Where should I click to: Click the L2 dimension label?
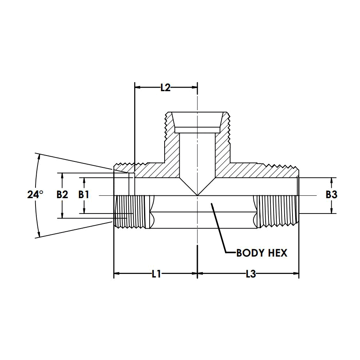pyautogui.click(x=165, y=88)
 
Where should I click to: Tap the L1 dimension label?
pyautogui.click(x=156, y=274)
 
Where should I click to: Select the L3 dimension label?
pyautogui.click(x=251, y=274)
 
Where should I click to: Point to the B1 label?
pyautogui.click(x=84, y=195)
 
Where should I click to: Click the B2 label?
pyautogui.click(x=62, y=195)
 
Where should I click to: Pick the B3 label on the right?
pyautogui.click(x=331, y=195)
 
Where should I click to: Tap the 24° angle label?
pyautogui.click(x=35, y=195)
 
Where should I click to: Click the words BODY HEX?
pyautogui.click(x=262, y=253)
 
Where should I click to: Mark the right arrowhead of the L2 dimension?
pyautogui.click(x=195, y=87)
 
